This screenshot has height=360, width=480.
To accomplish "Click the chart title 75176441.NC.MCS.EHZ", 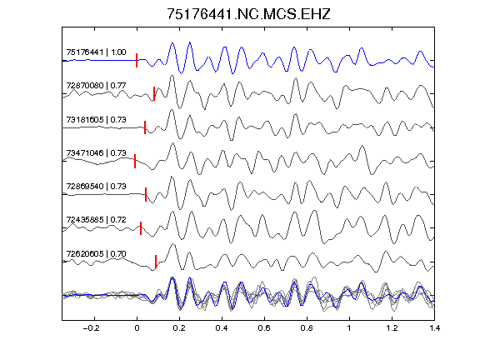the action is (248, 14).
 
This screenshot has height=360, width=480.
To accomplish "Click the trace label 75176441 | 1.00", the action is (96, 52).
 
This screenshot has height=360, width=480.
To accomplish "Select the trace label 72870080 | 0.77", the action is (96, 85).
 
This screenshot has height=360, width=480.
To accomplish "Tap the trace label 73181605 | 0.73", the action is (96, 119).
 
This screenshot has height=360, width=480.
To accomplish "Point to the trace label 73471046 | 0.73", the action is (96, 152).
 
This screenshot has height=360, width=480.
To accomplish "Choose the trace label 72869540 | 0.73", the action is (96, 186).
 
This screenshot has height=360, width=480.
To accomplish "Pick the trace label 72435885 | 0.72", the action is (96, 220).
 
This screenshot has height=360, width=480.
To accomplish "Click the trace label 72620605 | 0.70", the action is (96, 254).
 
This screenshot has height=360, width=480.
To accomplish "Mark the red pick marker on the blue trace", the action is (137, 60).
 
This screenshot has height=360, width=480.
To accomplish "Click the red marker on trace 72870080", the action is (154, 93).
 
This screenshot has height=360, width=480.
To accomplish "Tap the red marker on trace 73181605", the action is (145, 127).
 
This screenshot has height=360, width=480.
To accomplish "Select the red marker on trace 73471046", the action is (135, 161).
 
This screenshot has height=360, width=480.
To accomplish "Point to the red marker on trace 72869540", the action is (146, 194).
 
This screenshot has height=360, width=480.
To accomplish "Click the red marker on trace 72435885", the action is (141, 228).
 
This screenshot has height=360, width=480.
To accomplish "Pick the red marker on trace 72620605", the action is (156, 262).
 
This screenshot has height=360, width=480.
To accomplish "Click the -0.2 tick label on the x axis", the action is (91, 328).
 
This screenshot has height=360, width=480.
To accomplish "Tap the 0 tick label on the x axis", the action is (137, 328).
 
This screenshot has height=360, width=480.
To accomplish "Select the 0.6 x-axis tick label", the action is (264, 328).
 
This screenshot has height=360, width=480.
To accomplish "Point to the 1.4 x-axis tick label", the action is (434, 328).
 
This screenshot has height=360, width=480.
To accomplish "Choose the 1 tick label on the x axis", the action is (349, 328).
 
